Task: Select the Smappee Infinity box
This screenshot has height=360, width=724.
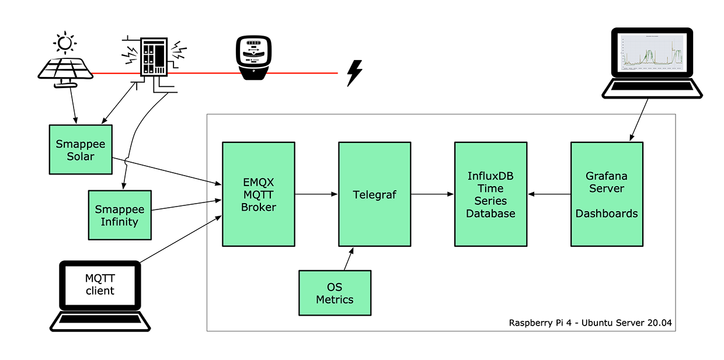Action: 120,215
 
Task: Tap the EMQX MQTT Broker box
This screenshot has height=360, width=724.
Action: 258,194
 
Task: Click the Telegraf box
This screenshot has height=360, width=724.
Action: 374,194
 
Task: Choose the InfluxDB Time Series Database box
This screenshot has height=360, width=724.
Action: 490,194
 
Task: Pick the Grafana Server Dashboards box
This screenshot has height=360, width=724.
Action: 607,194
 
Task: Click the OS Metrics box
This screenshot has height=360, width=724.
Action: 335,293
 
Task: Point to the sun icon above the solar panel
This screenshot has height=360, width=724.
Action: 64,43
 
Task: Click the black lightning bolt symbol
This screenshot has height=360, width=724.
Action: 354,73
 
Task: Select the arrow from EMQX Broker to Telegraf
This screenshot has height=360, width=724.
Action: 316,194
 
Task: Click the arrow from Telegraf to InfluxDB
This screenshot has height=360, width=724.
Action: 433,194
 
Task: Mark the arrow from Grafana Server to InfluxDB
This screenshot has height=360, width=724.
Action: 549,194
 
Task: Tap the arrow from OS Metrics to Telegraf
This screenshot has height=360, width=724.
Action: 348,258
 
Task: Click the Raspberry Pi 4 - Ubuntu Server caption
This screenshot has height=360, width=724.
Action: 590,323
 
